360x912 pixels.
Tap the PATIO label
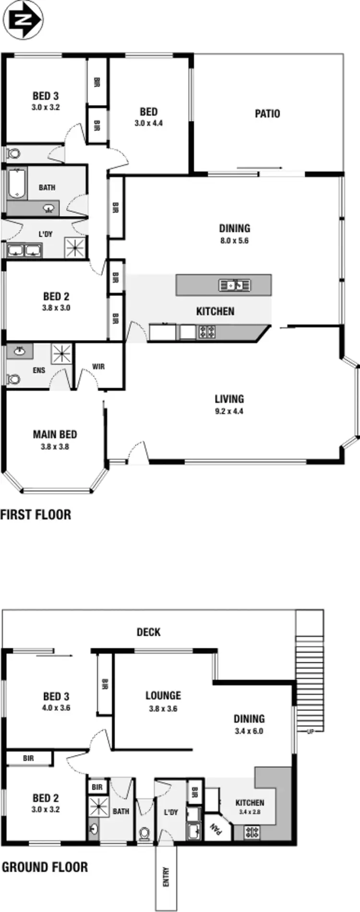tap(267, 114)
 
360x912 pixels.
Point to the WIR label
tap(98, 366)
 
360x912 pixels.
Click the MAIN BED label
tap(55, 434)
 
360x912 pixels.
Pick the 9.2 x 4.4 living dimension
tap(229, 411)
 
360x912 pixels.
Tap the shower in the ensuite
tap(61, 354)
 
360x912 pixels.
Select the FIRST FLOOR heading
tap(36, 515)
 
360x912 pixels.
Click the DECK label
tap(148, 632)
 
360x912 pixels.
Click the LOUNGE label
tap(163, 695)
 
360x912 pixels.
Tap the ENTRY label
tap(166, 876)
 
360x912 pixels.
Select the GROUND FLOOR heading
tap(45, 867)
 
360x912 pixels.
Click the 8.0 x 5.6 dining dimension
tap(234, 241)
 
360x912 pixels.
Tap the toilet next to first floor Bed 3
tap(13, 154)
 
